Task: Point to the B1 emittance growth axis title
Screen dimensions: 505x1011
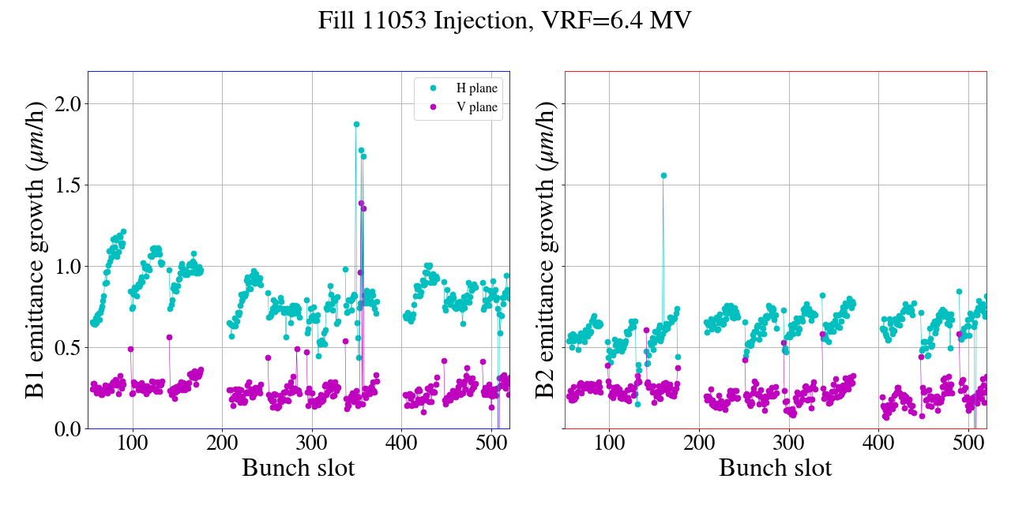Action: coord(36,250)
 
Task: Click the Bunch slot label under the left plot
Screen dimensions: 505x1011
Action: coord(298,468)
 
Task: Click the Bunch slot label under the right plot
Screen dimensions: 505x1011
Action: coord(775,468)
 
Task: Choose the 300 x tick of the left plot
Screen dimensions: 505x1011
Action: coord(312,442)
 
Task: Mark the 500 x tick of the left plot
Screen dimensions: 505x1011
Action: coord(491,442)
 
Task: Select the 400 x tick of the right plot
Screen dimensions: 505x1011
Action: coord(878,442)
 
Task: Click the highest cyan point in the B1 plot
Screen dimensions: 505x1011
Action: coord(356,124)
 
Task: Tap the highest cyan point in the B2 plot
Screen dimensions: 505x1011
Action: coord(663,175)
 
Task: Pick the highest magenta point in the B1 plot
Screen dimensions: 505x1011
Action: coord(361,203)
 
